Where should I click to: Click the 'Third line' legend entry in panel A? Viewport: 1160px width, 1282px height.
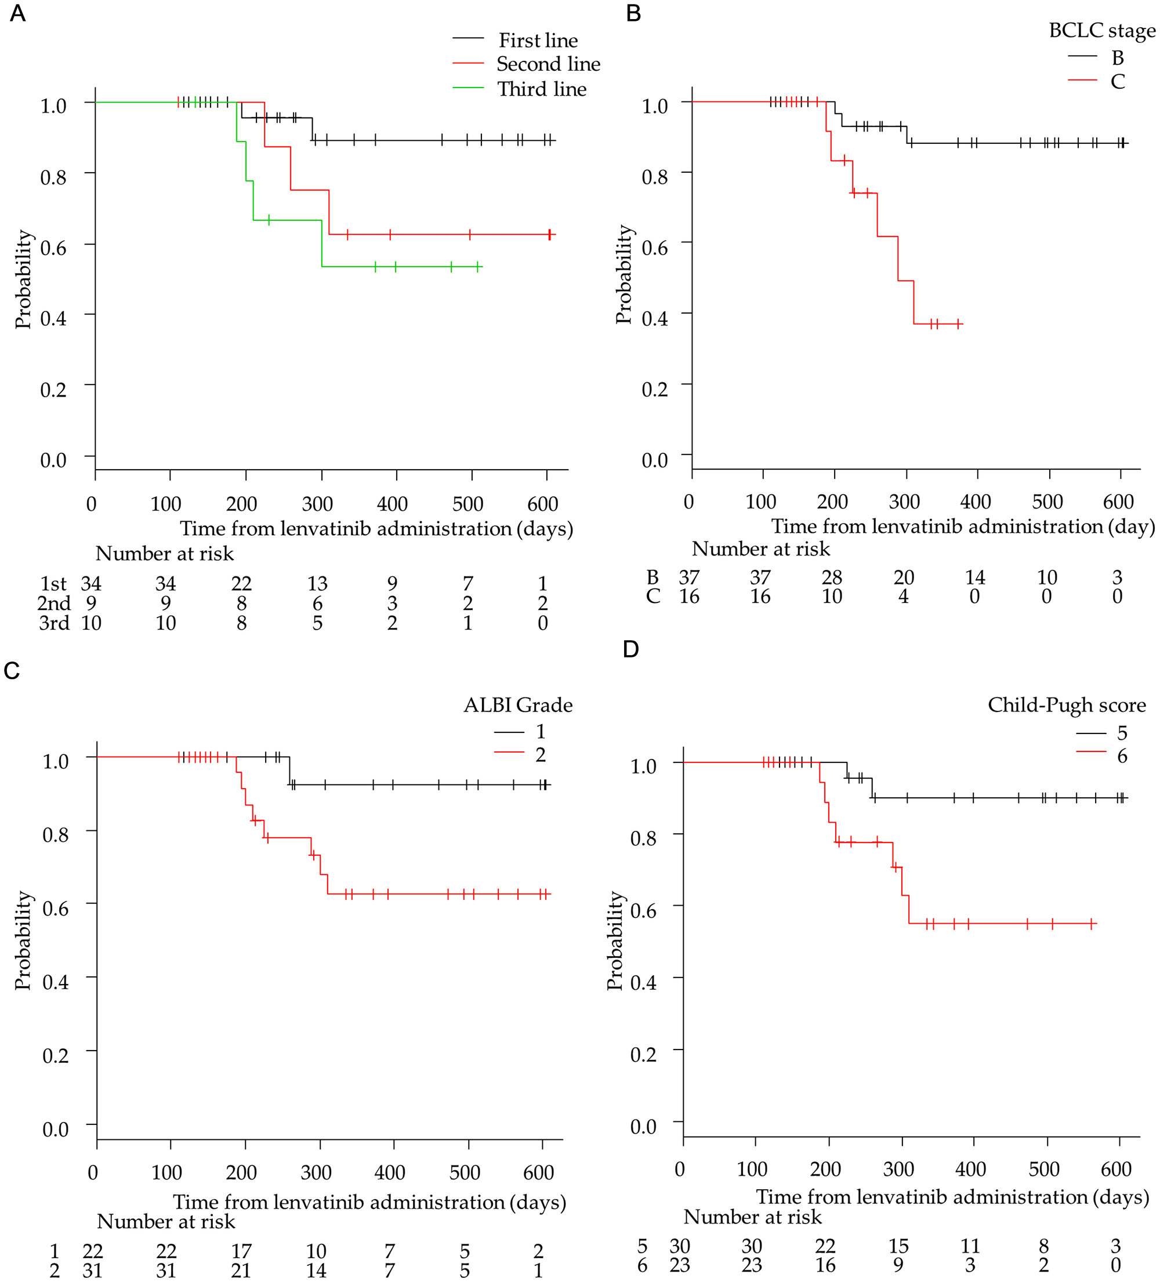point(541,89)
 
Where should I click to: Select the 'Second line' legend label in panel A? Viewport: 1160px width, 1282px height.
point(548,64)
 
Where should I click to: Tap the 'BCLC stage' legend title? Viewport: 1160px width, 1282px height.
point(1101,31)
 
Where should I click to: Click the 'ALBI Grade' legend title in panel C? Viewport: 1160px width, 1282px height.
point(518,705)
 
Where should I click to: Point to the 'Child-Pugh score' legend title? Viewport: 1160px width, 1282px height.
point(1067,705)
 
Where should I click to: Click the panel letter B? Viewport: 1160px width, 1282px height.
point(633,13)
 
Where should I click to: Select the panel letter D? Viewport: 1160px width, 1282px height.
point(630,649)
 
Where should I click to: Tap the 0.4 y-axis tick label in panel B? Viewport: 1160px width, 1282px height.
point(654,318)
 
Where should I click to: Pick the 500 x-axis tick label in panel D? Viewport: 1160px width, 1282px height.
point(1043,1170)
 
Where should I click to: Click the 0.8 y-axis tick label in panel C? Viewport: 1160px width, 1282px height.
point(55,834)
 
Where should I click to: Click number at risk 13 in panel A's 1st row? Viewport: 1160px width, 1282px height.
point(317,583)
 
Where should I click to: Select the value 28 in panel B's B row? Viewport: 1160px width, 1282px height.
point(831,578)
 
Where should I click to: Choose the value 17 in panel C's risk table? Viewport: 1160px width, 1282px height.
point(241,1251)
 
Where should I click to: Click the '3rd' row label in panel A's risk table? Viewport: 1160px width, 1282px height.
point(54,623)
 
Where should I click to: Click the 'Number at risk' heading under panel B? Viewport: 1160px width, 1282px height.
point(760,549)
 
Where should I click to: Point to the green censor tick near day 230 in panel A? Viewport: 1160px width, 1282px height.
point(269,220)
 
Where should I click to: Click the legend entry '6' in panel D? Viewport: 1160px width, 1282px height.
point(1122,756)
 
